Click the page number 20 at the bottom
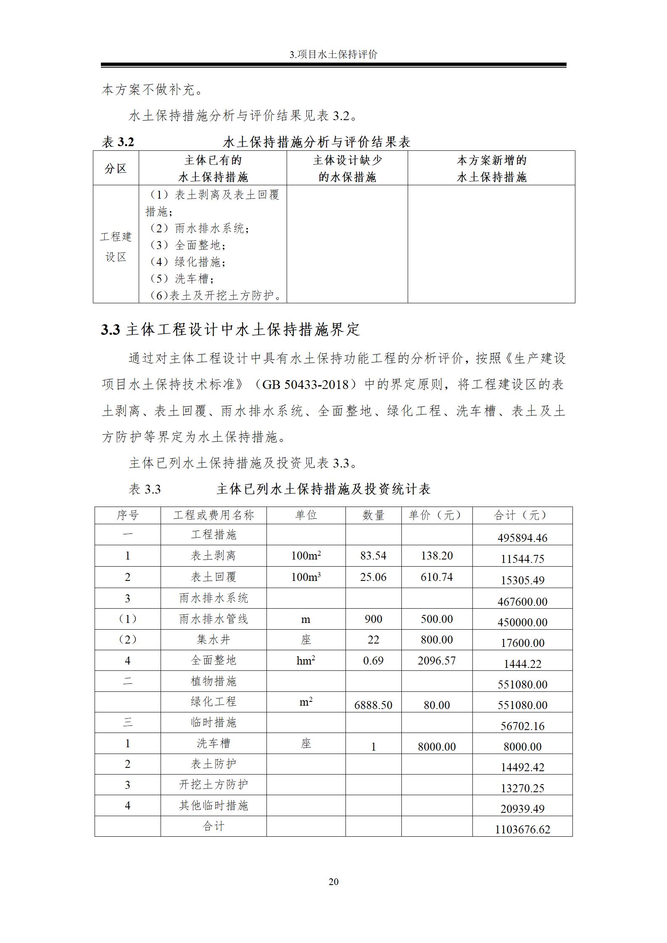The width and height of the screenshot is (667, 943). point(333,881)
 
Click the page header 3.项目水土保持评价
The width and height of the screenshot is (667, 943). point(333,55)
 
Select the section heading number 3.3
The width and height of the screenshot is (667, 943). point(111,330)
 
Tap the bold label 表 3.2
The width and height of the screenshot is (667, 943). point(118,142)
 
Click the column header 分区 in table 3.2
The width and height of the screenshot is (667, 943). point(116,168)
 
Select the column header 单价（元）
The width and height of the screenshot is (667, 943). point(436,515)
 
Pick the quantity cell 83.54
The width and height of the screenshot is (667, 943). point(373,556)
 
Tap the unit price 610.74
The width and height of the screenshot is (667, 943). point(437,577)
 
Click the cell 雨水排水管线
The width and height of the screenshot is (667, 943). point(214,619)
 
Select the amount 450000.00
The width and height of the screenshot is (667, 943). point(522,622)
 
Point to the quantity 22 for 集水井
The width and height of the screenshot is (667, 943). point(373,640)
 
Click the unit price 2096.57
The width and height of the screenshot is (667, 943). point(437,660)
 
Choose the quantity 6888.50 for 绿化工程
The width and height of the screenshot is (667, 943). point(373,705)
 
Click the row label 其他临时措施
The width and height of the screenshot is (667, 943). point(214,805)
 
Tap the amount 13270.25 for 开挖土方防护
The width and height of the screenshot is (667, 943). point(522,788)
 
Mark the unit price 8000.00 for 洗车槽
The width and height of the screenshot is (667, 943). point(437,746)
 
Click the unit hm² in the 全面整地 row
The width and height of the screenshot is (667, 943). point(306,661)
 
